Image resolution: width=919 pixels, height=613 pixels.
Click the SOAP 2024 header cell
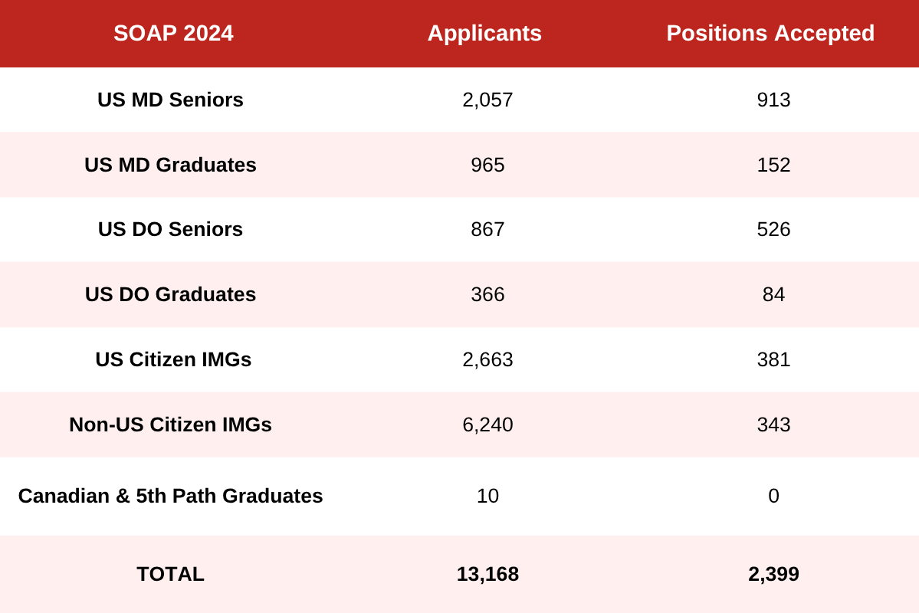173,33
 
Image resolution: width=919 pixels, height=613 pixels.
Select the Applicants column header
484,33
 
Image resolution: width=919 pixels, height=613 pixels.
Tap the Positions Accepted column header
770,33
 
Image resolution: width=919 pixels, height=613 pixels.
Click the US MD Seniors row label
170,100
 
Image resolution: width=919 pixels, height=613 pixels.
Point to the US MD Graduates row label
170,165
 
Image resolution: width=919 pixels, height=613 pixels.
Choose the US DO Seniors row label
170,229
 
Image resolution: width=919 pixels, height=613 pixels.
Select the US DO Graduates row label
170,294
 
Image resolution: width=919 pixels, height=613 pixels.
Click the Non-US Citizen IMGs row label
170,425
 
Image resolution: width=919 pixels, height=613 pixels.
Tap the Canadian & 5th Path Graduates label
170,496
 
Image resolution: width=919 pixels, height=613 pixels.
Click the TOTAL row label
170,574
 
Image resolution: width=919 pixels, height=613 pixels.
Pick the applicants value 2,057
487,100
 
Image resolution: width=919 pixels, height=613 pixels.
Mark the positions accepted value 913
773,100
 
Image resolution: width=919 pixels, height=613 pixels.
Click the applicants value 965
487,165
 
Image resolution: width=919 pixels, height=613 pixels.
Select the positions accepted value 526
773,229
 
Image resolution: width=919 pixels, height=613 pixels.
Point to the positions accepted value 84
773,294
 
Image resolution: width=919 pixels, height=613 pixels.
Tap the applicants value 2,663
487,359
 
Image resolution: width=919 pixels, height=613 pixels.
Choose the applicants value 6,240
487,425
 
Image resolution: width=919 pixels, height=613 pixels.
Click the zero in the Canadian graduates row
773,496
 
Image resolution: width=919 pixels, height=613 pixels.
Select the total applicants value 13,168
487,574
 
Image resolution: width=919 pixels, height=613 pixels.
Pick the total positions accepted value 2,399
773,574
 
